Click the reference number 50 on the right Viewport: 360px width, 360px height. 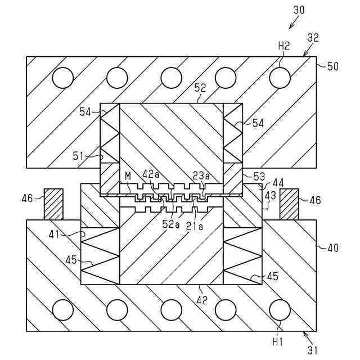pos(333,66)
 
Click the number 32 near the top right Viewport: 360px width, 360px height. pos(313,38)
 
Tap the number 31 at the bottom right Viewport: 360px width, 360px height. pos(313,349)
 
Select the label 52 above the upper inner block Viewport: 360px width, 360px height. pos(200,88)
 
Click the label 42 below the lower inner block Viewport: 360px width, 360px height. pos(201,300)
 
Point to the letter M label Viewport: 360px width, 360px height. pos(128,177)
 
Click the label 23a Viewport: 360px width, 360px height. pos(201,175)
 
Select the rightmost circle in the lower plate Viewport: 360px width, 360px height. pos(279,309)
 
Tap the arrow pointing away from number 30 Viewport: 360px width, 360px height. pos(293,22)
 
